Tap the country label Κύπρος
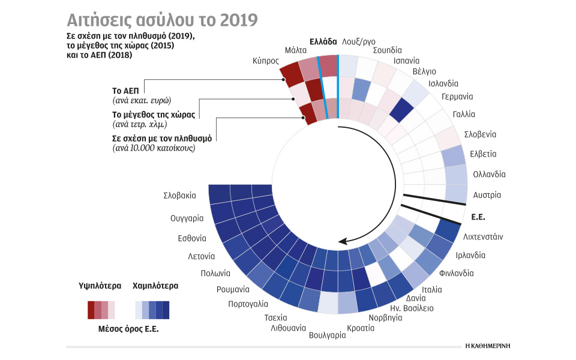pos(265,61)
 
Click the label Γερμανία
pos(457,97)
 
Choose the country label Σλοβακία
pos(179,196)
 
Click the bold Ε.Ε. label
pos(478,217)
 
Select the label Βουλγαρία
pos(327,335)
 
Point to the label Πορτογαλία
pos(248,304)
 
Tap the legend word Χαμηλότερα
pos(155,286)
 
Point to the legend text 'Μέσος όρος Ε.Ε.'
pos(128,329)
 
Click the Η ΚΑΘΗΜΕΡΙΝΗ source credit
pos(491,346)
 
